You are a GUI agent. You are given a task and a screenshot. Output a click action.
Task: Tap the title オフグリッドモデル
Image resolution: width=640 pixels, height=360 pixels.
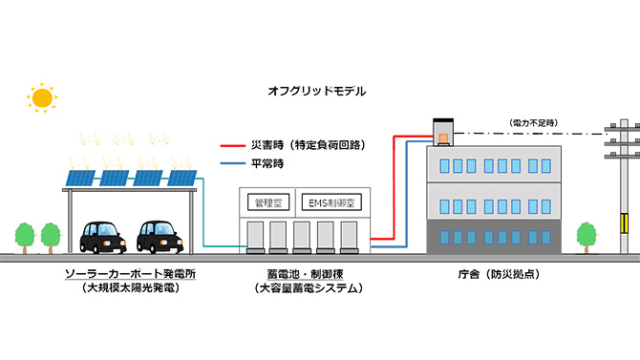coord(316,92)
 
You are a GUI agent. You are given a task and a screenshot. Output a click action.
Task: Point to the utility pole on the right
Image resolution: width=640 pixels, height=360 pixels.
coord(623,191)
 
